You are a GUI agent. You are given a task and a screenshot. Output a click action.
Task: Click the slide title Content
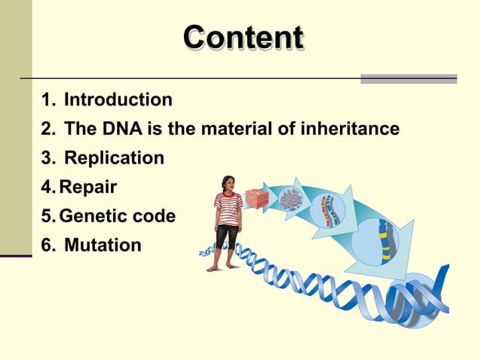[x=244, y=38]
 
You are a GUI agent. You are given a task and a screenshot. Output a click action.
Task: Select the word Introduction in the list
[x=118, y=99]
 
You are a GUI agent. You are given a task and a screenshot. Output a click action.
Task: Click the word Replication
[x=114, y=159]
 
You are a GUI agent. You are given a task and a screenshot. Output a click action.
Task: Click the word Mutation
[x=103, y=246]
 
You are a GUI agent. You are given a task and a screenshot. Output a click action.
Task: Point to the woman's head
[x=228, y=183]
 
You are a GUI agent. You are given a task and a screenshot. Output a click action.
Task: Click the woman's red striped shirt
[x=228, y=208]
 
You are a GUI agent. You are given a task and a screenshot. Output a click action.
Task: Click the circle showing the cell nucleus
[x=290, y=200]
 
